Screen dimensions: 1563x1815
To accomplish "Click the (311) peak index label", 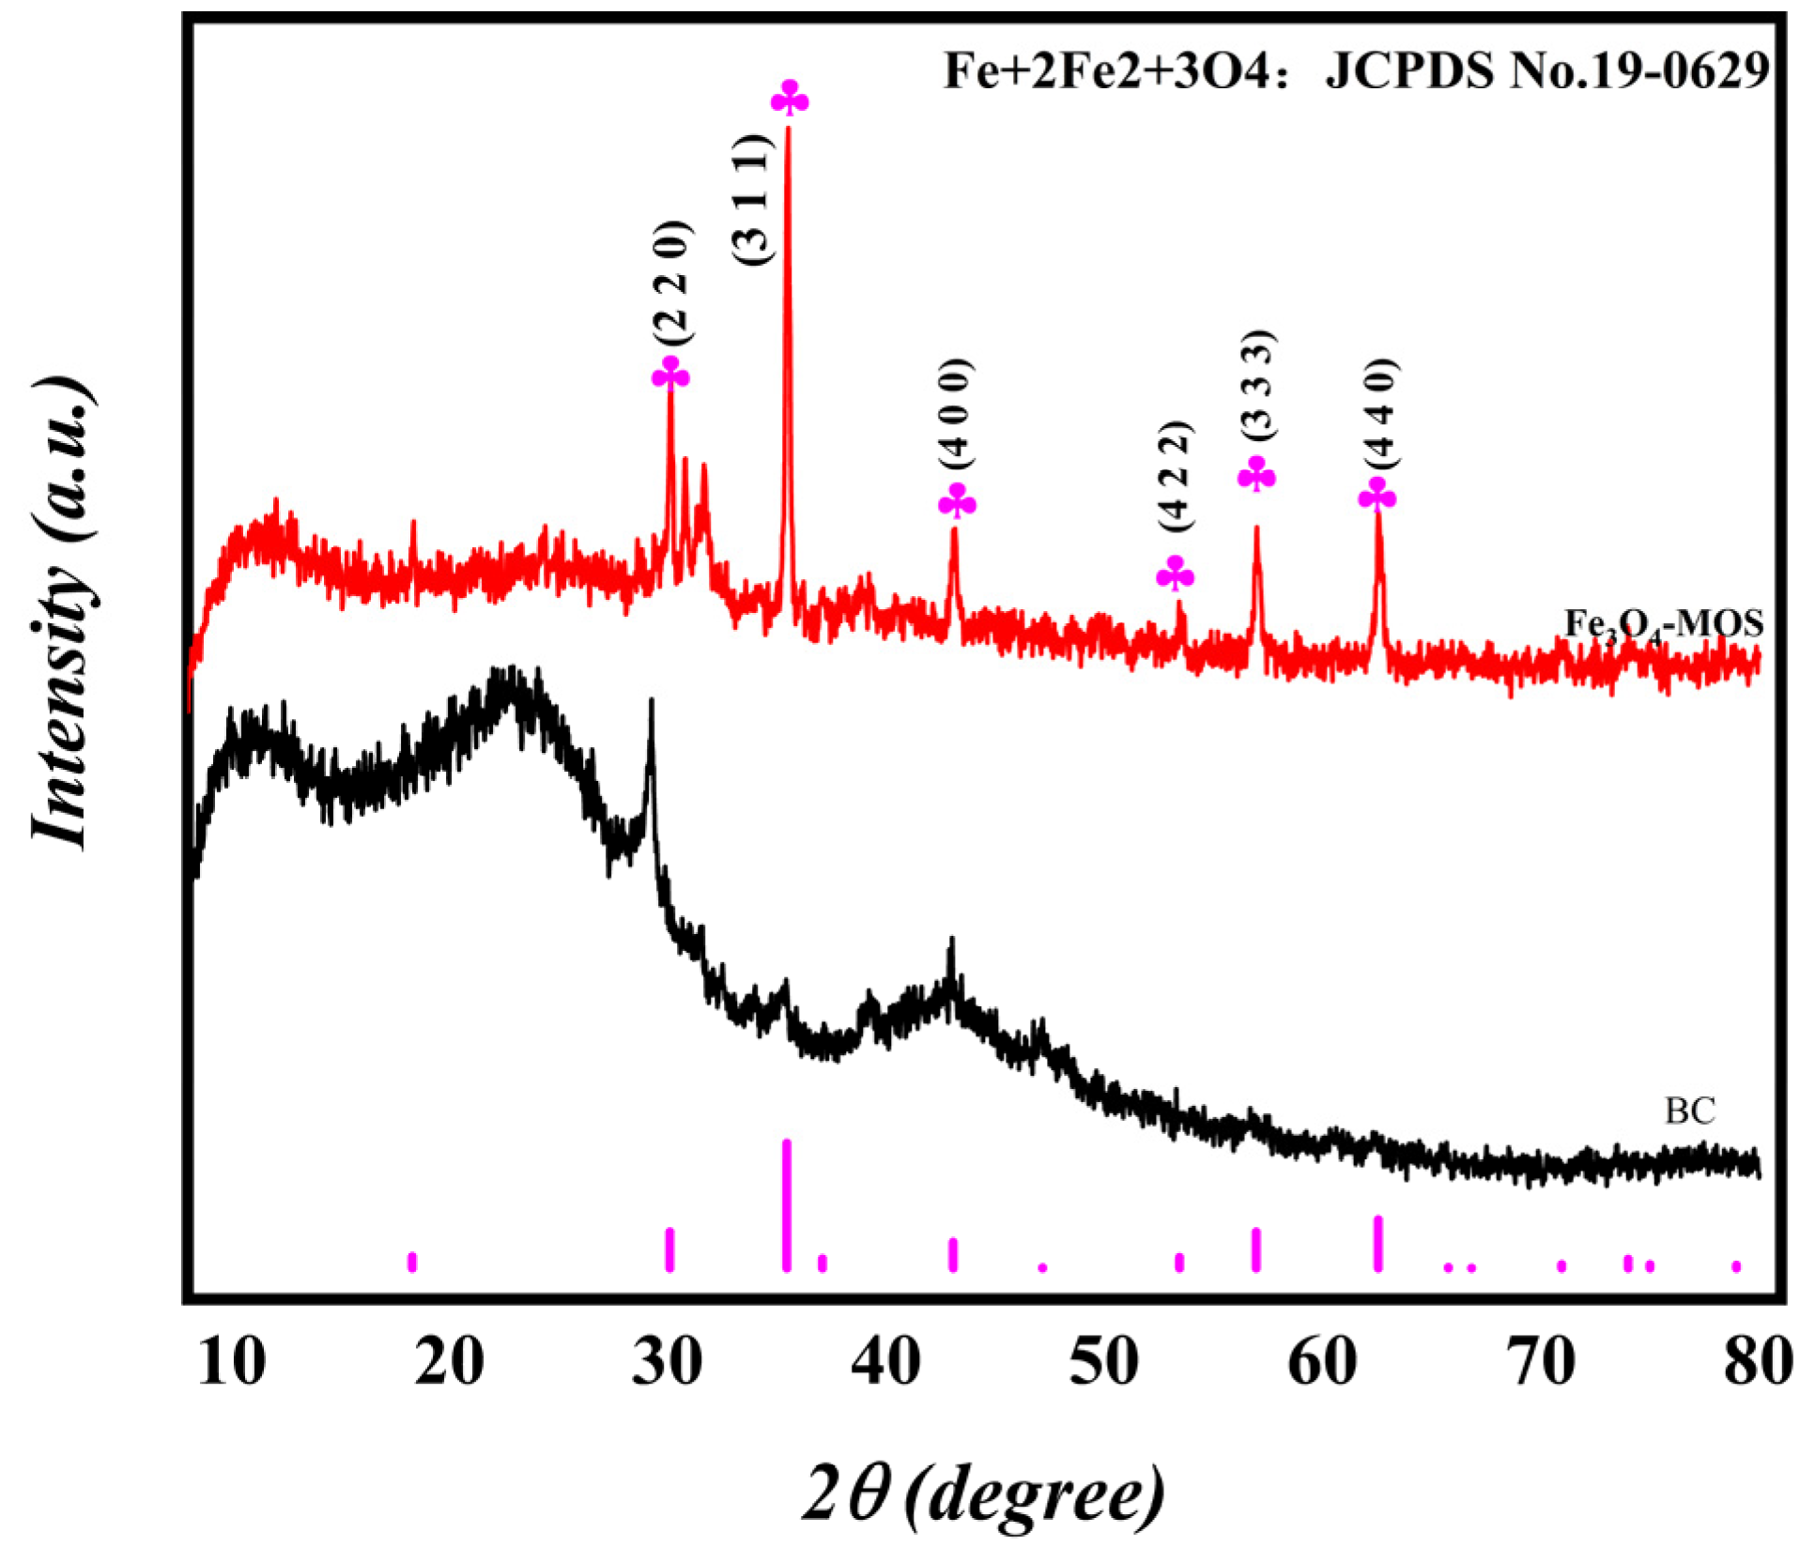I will (x=752, y=199).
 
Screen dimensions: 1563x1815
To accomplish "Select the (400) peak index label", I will (x=958, y=413).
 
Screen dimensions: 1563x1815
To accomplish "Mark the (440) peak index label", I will (x=1379, y=413).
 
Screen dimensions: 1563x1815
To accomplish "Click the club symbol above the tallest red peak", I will (x=790, y=99).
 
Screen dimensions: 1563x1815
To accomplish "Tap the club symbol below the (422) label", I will (x=1175, y=574).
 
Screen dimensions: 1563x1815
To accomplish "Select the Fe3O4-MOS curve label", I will (x=1663, y=624).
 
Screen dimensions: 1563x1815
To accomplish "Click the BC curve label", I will (x=1689, y=1111).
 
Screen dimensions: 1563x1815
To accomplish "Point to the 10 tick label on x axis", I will (x=231, y=1361).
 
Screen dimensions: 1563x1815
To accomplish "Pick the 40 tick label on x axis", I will (x=885, y=1361).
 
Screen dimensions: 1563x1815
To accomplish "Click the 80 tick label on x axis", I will (x=1758, y=1361).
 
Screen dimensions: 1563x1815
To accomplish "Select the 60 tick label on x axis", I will (x=1322, y=1361).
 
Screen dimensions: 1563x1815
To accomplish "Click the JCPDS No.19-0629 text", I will (x=1546, y=70).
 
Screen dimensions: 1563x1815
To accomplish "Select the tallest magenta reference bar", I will (x=787, y=1205).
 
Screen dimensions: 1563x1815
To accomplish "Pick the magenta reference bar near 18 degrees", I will (x=412, y=1262).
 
